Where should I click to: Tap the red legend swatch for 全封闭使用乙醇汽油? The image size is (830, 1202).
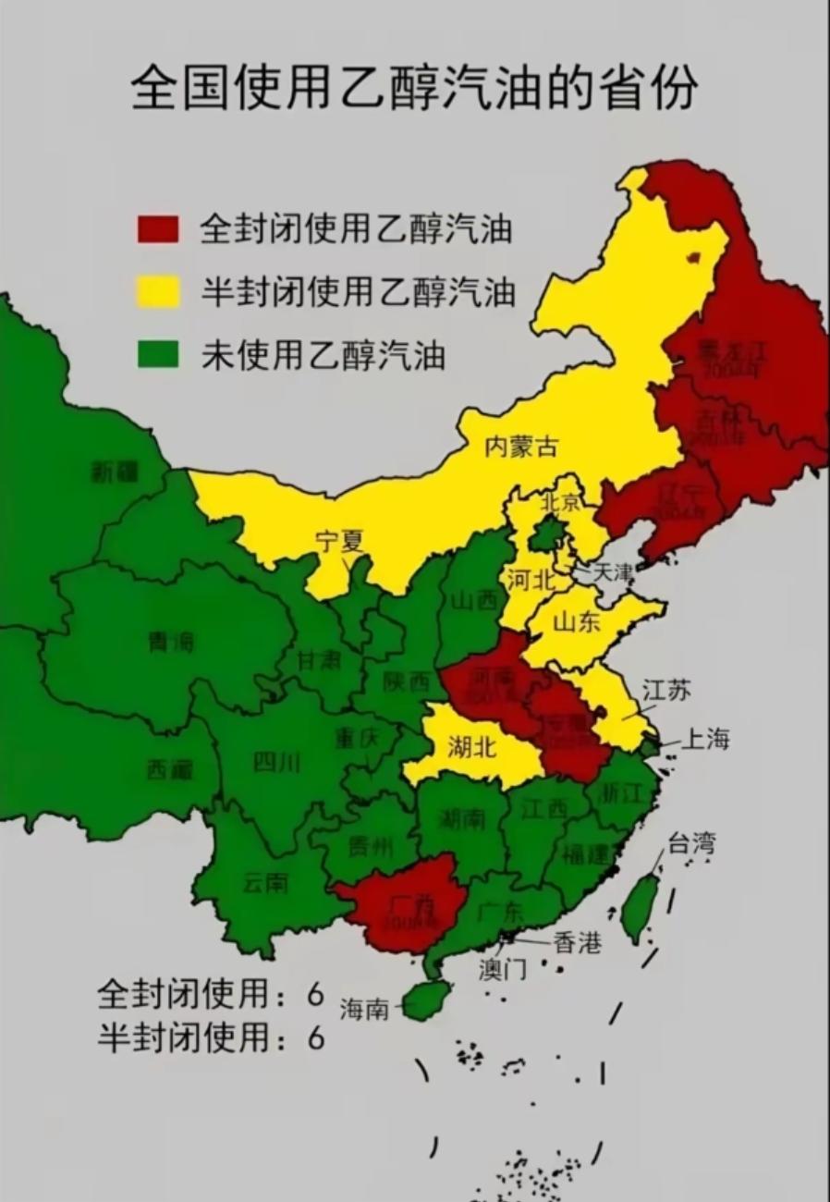(157, 228)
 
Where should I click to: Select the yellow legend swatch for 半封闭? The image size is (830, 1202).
(157, 291)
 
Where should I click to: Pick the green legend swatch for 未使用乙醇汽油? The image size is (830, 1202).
(157, 354)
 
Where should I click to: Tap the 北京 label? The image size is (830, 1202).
(560, 502)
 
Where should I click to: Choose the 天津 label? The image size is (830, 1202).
(614, 572)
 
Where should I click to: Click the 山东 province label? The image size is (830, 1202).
(576, 622)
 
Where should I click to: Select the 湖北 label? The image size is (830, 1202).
(471, 746)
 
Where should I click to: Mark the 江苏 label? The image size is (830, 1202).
(666, 691)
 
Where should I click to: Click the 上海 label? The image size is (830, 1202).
(706, 740)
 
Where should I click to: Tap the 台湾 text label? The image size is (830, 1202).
(690, 843)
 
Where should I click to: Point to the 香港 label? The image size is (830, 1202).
(578, 942)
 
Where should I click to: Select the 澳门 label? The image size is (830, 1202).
(503, 969)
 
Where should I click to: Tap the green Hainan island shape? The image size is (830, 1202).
(426, 1000)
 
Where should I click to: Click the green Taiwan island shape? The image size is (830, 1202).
(640, 907)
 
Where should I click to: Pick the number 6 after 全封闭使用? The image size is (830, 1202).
(316, 995)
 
